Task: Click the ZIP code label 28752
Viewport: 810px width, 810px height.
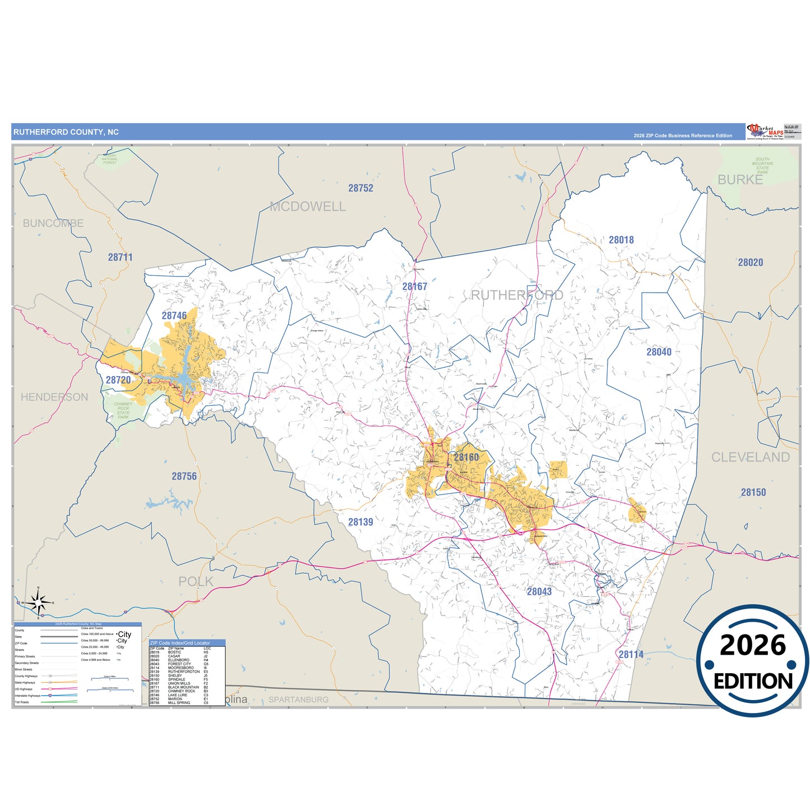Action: click(x=360, y=188)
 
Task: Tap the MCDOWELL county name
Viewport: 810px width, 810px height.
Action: click(x=308, y=207)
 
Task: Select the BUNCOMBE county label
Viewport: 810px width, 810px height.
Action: click(x=53, y=223)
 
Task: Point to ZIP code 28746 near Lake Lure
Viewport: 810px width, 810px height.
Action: click(x=174, y=316)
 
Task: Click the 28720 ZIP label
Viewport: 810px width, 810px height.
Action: click(x=118, y=380)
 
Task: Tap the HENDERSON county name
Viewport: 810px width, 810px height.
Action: click(x=54, y=397)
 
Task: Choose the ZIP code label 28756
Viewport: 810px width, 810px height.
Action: click(x=184, y=476)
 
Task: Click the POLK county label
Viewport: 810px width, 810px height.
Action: click(x=196, y=581)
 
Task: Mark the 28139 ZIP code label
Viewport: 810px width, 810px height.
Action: click(x=360, y=522)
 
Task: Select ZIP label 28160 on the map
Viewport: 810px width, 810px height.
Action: click(x=466, y=457)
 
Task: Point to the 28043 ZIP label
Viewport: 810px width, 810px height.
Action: click(x=539, y=591)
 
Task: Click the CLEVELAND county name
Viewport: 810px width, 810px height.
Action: click(x=750, y=457)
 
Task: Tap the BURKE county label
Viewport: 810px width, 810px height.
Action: click(x=740, y=180)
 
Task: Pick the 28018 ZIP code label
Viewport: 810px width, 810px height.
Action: click(x=621, y=240)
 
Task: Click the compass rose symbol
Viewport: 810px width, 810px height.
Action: click(x=38, y=603)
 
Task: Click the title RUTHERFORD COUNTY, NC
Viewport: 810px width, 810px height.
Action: click(x=66, y=132)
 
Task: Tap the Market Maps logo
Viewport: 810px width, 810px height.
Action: click(x=765, y=132)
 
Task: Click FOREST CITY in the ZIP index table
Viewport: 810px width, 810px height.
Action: click(x=179, y=664)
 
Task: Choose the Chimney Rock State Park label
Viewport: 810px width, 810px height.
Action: click(x=123, y=410)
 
